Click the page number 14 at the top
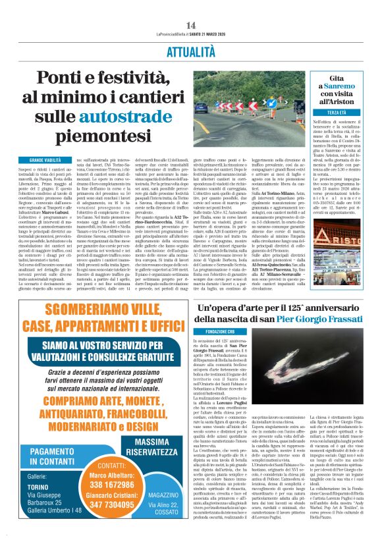point(191,25)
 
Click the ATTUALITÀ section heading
point(191,50)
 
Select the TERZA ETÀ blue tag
point(337,113)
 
